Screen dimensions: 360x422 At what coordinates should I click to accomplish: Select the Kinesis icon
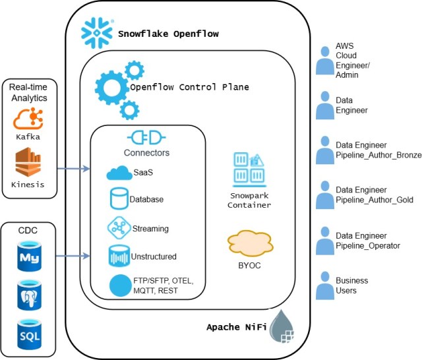pyautogui.click(x=28, y=163)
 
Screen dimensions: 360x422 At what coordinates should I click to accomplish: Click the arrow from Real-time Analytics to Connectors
pyautogui.click(x=73, y=169)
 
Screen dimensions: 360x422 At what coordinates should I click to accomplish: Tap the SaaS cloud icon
pyautogui.click(x=119, y=173)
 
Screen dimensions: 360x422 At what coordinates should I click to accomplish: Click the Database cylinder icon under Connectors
pyautogui.click(x=119, y=199)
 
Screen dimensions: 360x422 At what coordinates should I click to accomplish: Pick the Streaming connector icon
pyautogui.click(x=119, y=228)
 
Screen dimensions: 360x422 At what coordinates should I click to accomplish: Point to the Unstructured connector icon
pyautogui.click(x=119, y=256)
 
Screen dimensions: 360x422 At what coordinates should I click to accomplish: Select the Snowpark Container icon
pyautogui.click(x=249, y=169)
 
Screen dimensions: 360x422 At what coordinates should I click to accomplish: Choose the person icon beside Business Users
pyautogui.click(x=326, y=285)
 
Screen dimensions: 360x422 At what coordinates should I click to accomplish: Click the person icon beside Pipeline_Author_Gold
pyautogui.click(x=326, y=195)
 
